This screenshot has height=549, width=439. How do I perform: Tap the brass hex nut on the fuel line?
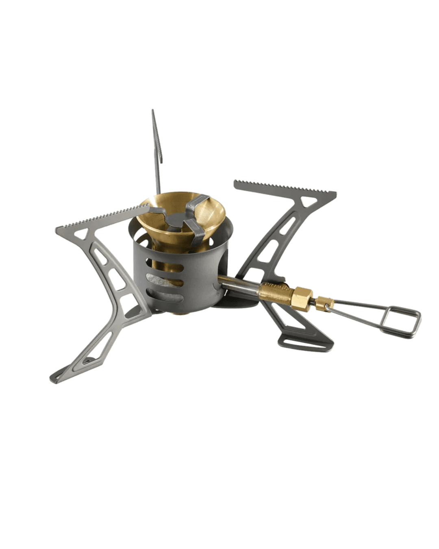pos(301,294)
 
